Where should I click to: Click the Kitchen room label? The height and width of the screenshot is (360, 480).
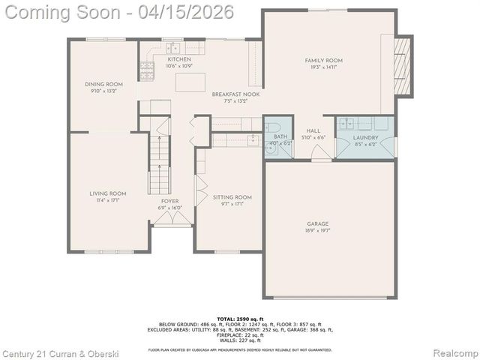179,59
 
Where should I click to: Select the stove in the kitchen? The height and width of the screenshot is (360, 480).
146,70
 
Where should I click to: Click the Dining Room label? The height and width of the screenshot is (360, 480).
103,84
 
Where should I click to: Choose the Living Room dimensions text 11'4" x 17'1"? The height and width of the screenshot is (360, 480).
107,201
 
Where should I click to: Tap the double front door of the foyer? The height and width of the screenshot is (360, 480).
172,218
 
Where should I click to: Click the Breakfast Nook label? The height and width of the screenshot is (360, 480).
230,94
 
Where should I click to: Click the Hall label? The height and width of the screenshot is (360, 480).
313,130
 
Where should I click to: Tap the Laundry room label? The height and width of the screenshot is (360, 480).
366,137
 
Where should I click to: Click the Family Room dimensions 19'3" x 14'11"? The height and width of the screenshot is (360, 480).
323,67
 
